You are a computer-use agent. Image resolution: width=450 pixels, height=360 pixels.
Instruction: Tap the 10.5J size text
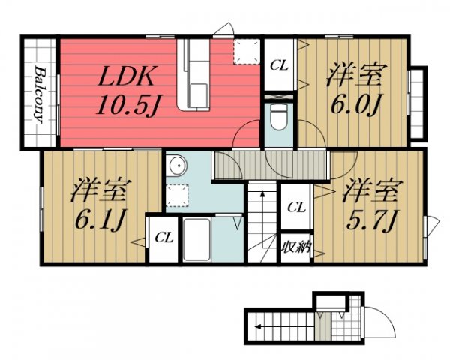(127, 105)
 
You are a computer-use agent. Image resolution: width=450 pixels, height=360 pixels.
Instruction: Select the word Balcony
(40, 94)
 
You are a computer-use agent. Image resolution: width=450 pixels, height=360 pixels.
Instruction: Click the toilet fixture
(279, 117)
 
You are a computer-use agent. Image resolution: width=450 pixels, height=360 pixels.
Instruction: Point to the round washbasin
(178, 166)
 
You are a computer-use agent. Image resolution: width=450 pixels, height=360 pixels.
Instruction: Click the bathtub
(196, 239)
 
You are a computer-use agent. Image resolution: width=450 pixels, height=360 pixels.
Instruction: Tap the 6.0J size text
(355, 105)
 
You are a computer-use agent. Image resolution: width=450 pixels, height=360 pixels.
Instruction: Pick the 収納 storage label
(296, 247)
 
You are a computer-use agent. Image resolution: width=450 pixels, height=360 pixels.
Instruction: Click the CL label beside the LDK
(279, 66)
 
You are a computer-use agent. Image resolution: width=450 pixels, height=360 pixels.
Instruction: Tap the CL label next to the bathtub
(164, 238)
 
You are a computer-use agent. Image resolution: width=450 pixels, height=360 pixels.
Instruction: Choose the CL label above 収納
(296, 207)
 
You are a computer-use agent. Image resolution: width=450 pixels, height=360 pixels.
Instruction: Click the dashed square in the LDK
(247, 52)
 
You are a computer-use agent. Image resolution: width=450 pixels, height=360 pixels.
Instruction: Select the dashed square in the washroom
(177, 196)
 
